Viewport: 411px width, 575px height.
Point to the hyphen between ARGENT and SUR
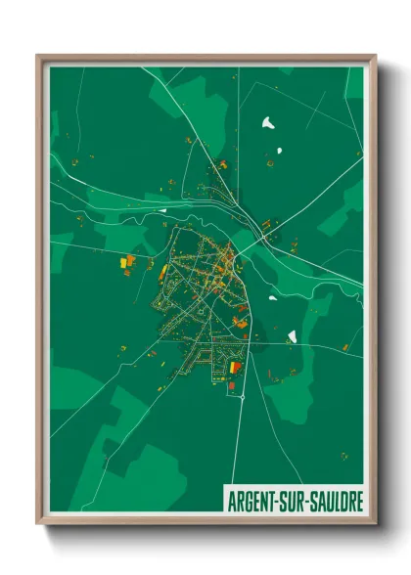280,500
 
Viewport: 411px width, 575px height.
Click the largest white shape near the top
268,122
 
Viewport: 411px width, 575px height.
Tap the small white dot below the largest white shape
279,150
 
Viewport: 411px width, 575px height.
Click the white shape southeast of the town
292,336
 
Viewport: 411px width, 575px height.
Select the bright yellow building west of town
123,262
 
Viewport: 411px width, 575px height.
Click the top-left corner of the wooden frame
38,56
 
